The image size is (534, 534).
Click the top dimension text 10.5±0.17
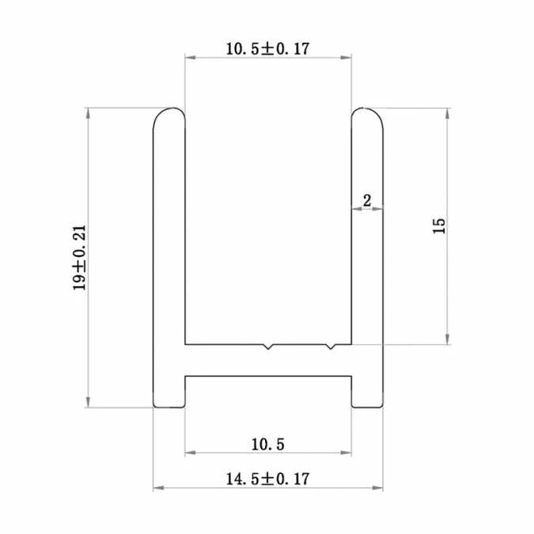(267, 48)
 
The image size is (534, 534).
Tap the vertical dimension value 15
(440, 225)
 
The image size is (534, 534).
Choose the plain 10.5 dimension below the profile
(267, 443)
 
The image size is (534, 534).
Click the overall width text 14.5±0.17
(267, 479)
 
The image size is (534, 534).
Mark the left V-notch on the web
(269, 347)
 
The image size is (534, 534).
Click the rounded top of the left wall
(169, 115)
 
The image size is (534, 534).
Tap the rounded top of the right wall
(367, 115)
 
